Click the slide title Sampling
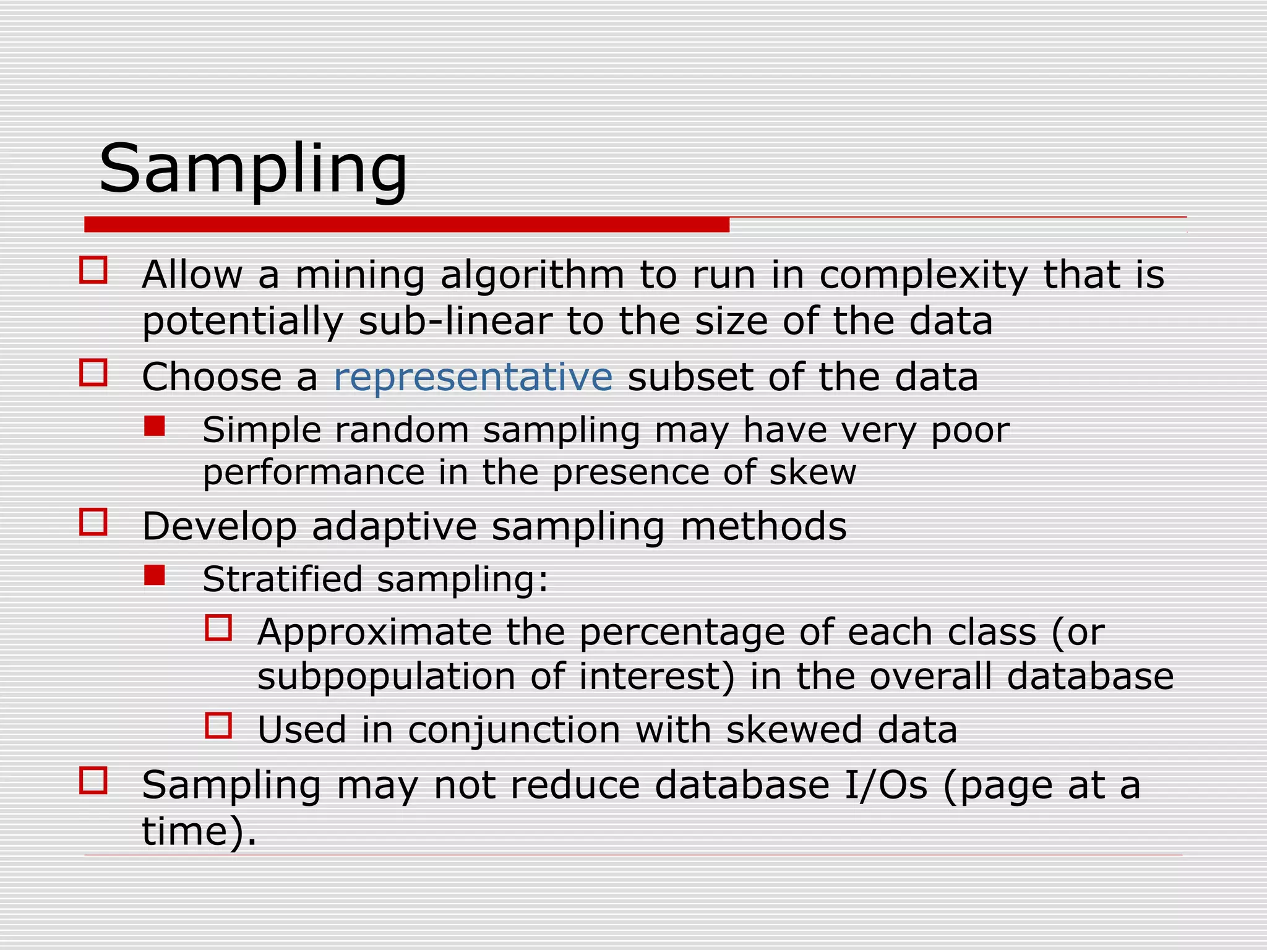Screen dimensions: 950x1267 [253, 168]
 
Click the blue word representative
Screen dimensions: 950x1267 [473, 377]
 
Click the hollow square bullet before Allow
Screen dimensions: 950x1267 [93, 270]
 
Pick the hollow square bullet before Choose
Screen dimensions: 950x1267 [93, 373]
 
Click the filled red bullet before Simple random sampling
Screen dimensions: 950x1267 [154, 426]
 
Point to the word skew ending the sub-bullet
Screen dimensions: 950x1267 [812, 473]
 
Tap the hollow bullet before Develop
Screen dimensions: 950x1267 [93, 522]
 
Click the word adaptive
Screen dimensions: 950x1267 [394, 527]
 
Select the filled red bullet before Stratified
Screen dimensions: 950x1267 [154, 576]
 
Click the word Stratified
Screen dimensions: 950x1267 [282, 580]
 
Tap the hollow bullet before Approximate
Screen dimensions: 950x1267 [218, 628]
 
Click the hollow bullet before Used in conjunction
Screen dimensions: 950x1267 [218, 725]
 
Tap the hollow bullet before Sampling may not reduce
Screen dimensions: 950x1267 [93, 781]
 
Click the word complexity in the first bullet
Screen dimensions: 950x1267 [923, 275]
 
